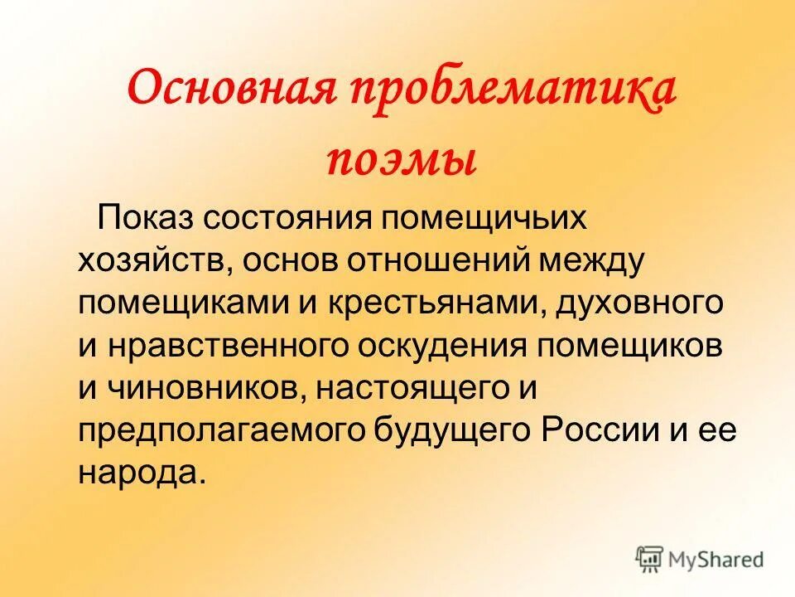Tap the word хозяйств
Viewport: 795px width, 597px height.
(x=154, y=262)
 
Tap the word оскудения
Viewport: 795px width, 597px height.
(x=441, y=347)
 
